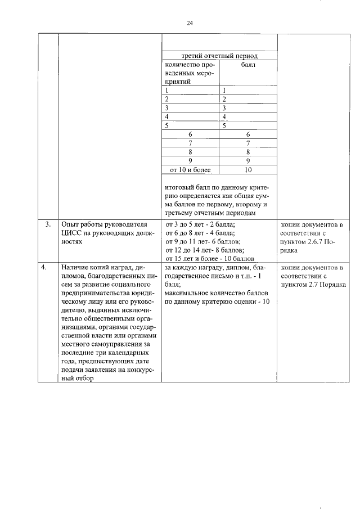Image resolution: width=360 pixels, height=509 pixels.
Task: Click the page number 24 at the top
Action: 190,23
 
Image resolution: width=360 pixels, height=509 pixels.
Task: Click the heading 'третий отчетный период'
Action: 219,56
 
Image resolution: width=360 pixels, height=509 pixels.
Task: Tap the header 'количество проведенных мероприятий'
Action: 190,73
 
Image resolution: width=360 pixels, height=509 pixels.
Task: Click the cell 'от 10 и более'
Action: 190,169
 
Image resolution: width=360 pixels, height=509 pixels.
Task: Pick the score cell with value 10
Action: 248,169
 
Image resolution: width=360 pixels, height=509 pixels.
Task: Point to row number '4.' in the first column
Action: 48,268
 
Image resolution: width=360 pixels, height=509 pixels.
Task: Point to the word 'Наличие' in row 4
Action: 76,268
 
